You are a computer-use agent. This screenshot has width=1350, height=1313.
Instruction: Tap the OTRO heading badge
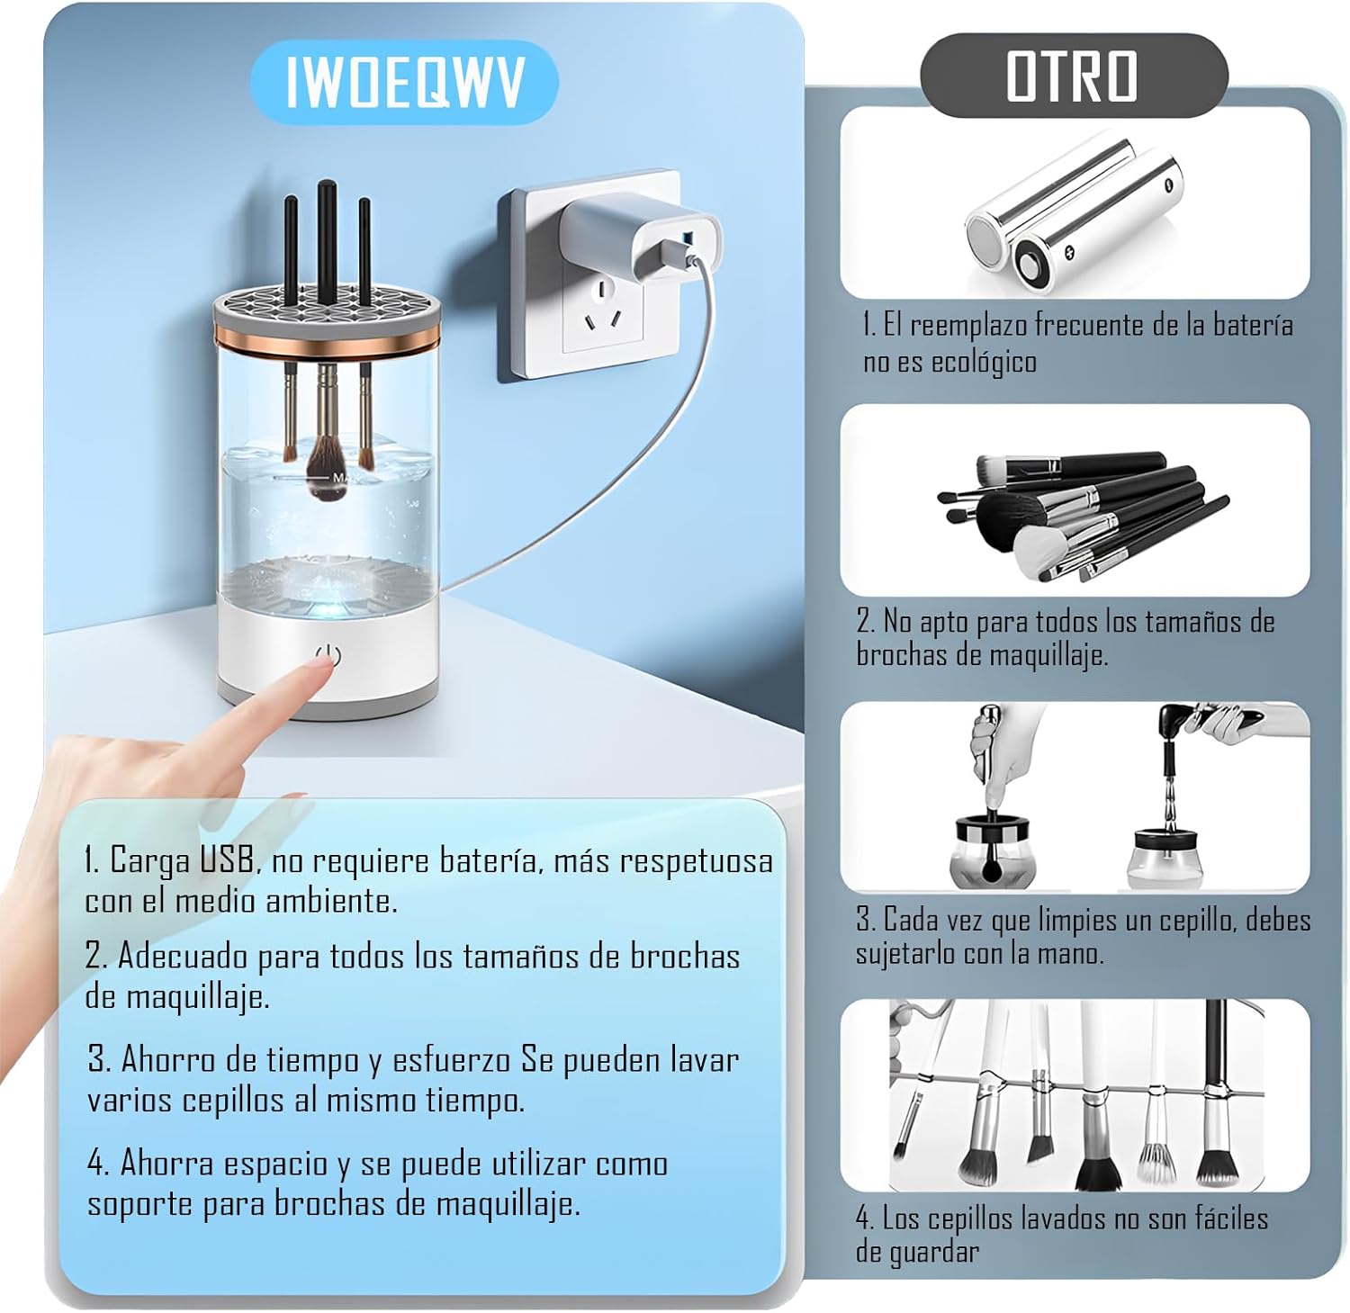tap(1073, 76)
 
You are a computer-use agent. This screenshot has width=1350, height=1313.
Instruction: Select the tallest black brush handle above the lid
tap(327, 244)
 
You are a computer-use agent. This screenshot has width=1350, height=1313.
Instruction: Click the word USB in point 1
tap(226, 860)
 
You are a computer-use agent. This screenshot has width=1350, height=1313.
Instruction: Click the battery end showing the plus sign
tap(1050, 264)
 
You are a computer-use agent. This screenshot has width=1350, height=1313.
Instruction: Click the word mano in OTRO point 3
tap(1075, 953)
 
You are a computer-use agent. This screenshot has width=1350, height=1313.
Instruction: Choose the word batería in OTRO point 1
tap(1253, 325)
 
